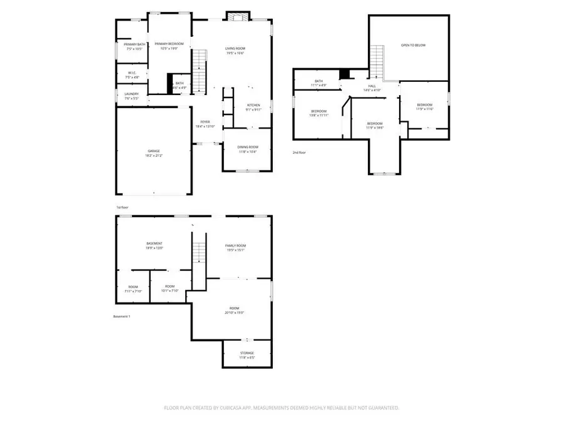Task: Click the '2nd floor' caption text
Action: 300,153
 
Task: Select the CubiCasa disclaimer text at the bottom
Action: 281,408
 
